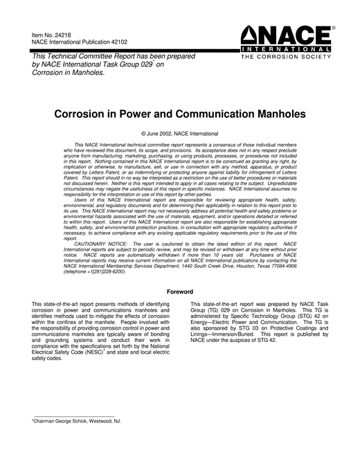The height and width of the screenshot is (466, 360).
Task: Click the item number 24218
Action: [61, 34]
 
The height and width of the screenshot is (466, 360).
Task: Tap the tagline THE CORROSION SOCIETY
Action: [287, 58]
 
